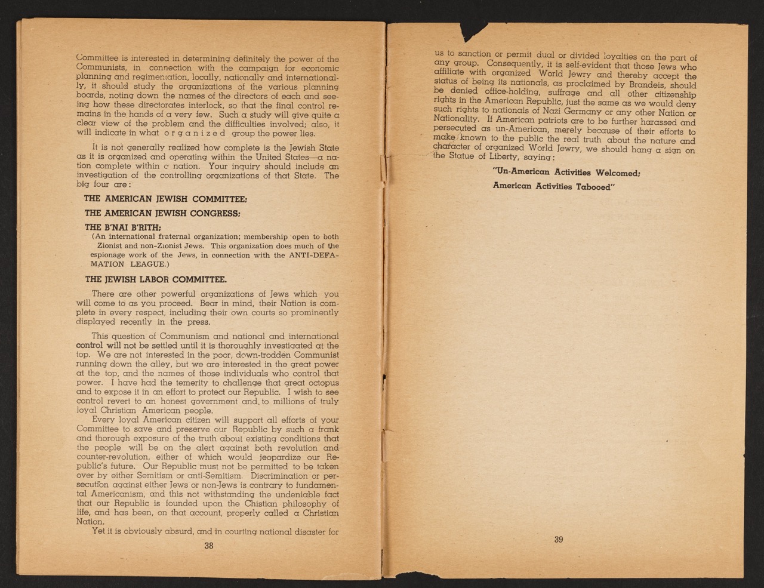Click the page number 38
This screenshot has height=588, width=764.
209,545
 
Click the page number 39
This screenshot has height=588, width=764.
558,540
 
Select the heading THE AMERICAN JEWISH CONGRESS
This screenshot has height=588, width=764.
162,213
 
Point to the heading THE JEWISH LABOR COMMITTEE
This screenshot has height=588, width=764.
156,279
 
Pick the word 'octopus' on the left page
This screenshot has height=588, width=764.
319,382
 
